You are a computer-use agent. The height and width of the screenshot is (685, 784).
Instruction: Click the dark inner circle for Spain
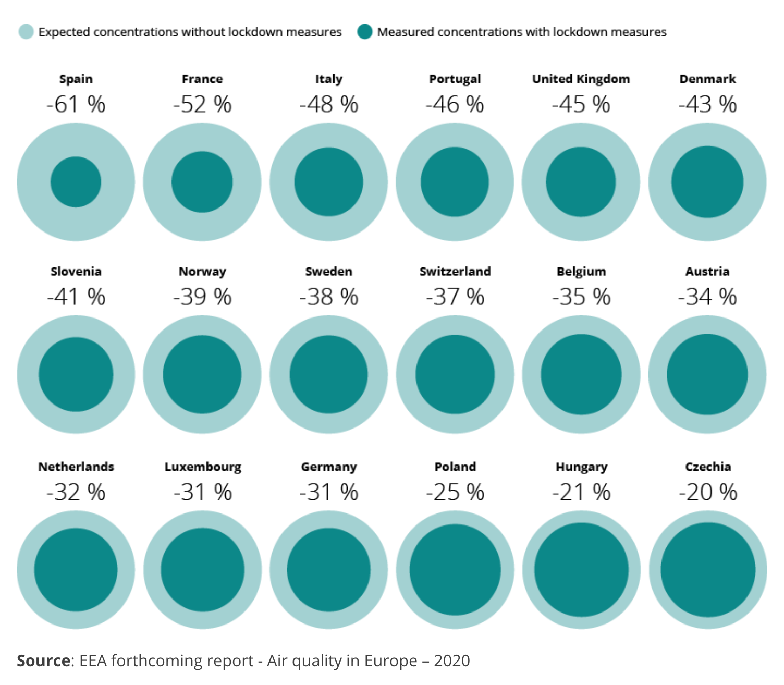(x=76, y=182)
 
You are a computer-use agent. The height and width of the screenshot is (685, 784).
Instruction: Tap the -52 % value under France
(x=202, y=104)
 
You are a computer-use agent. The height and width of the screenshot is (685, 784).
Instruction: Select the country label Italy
(x=328, y=79)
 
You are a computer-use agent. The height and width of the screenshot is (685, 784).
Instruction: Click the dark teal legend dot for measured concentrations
(x=365, y=32)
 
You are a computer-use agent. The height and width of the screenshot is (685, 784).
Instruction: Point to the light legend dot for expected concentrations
(x=26, y=32)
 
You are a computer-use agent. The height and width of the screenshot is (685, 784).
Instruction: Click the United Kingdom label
(x=581, y=79)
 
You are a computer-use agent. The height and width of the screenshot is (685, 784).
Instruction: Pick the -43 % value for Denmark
(x=707, y=104)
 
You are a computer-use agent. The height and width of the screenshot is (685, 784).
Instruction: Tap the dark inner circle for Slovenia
(x=76, y=374)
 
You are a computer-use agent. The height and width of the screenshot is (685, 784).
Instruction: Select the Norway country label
(x=202, y=272)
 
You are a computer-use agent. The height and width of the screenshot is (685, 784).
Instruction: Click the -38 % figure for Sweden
(x=328, y=297)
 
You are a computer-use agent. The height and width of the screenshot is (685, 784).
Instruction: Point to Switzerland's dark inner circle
(x=455, y=374)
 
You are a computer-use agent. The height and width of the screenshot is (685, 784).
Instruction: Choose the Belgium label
(x=581, y=272)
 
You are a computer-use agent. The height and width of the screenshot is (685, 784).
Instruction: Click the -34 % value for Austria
(x=707, y=297)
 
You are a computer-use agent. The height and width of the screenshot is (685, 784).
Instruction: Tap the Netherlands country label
(x=76, y=467)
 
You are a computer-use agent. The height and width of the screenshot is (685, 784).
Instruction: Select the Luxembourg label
(x=203, y=467)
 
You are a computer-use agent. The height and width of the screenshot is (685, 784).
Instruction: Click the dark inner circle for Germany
(x=328, y=570)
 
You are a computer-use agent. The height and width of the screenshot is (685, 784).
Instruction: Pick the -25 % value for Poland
(x=455, y=492)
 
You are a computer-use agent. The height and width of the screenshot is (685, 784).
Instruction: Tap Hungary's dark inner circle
(x=581, y=570)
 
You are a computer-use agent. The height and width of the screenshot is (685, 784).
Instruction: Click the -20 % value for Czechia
(x=707, y=492)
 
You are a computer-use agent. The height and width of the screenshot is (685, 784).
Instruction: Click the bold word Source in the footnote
(x=43, y=660)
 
